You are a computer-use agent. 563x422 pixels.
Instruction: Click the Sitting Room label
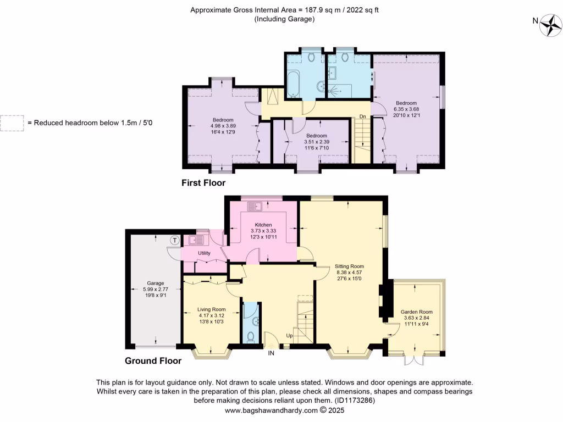click(x=350, y=266)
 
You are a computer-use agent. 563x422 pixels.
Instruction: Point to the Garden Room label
click(x=417, y=312)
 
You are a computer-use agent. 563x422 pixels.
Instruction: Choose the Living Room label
click(x=212, y=309)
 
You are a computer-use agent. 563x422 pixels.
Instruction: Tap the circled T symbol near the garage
click(x=175, y=240)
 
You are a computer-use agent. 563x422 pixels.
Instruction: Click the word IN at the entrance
click(x=271, y=353)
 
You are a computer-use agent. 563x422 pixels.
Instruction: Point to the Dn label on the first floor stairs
click(x=362, y=116)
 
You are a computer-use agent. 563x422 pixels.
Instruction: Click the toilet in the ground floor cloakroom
click(x=251, y=336)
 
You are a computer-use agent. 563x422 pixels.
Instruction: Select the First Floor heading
click(x=203, y=183)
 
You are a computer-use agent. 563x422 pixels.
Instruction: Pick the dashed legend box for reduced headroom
click(x=12, y=123)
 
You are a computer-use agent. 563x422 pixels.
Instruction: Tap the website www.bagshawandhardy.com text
click(x=272, y=410)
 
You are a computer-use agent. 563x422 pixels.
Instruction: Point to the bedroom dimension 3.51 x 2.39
click(x=317, y=142)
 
